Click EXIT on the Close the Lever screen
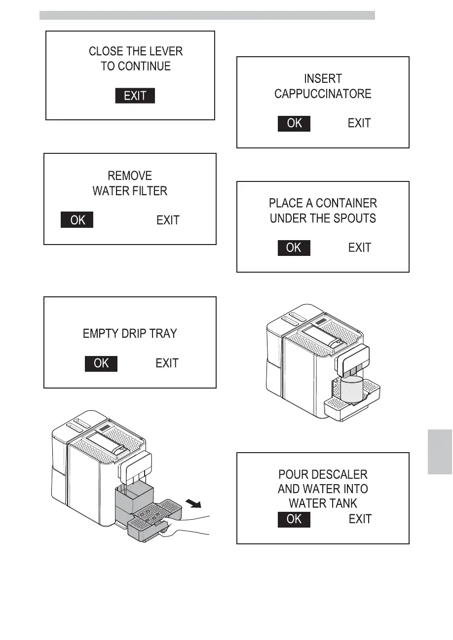pos(135,96)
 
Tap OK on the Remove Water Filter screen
pos(77,220)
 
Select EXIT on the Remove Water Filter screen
pos(168,220)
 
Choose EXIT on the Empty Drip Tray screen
pos(167,363)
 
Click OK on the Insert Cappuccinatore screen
pos(294,123)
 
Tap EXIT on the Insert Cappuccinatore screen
pos(359,123)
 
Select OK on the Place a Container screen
pos(294,248)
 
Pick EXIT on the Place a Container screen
pos(359,248)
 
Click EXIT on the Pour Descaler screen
pos(360,519)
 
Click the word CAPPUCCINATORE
pos(323,94)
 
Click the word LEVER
pos(167,51)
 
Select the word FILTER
pos(149,191)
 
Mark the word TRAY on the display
pos(162,334)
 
